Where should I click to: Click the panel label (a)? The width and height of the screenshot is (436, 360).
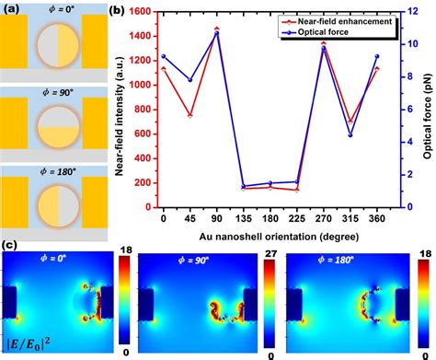click(10, 7)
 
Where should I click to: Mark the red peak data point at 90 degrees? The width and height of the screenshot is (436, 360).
click(217, 29)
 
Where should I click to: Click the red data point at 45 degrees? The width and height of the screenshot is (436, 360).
click(190, 116)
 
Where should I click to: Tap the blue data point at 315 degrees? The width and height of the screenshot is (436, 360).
click(350, 135)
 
